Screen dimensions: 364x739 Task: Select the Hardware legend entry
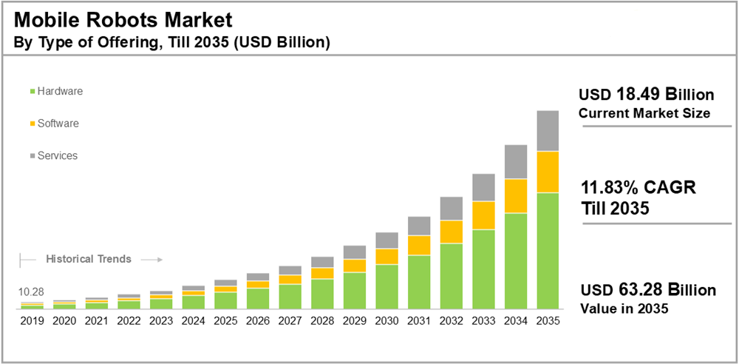click(x=56, y=91)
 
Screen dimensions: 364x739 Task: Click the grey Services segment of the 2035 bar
click(x=548, y=131)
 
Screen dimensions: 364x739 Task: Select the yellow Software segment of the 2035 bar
click(x=548, y=172)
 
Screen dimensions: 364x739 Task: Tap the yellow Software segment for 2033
click(x=483, y=215)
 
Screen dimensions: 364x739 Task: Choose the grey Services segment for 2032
click(x=451, y=209)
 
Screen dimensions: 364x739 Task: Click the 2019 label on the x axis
click(x=32, y=321)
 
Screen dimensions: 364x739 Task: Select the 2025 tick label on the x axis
click(x=225, y=321)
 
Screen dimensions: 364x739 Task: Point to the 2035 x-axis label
click(x=548, y=321)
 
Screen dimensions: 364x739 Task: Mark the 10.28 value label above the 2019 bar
click(x=32, y=292)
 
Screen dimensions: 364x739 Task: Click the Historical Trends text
click(x=89, y=259)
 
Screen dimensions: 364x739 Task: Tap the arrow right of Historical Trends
click(x=151, y=260)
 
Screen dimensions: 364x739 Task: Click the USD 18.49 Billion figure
click(x=646, y=95)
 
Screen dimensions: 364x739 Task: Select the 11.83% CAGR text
click(x=638, y=188)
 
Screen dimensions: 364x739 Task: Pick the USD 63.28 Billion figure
click(x=647, y=290)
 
